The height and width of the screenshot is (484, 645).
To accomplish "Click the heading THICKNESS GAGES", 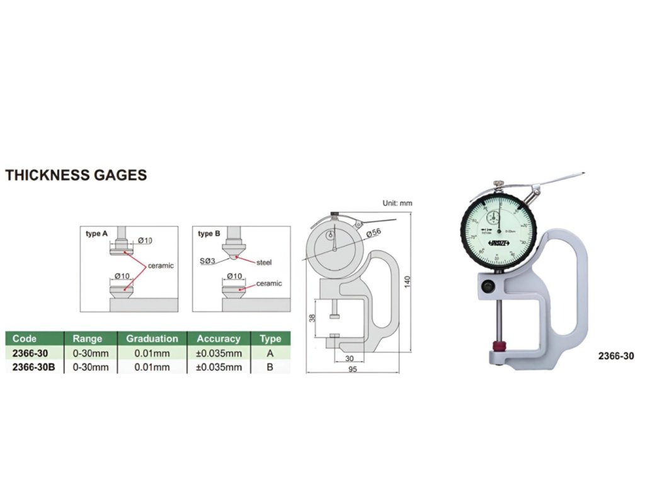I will (x=76, y=175).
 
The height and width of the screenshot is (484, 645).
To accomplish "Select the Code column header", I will (x=25, y=338).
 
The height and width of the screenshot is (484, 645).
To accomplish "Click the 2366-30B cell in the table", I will (x=34, y=367).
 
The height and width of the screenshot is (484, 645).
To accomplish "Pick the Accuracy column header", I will (x=219, y=338).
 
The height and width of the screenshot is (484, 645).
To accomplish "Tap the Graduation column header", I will (x=152, y=338).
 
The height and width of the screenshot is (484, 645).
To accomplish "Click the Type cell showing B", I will (x=270, y=367).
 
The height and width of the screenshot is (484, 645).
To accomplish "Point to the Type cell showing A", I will (x=270, y=353).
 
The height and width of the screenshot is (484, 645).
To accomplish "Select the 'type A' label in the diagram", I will (x=96, y=233).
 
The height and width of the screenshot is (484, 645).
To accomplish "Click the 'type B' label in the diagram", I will (x=209, y=233).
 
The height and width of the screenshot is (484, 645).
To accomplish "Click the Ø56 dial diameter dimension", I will (x=374, y=232).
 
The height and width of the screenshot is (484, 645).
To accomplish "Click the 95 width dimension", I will (x=352, y=370).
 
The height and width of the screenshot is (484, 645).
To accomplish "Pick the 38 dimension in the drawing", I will (x=312, y=318).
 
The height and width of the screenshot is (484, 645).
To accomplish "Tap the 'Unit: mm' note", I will (x=397, y=204).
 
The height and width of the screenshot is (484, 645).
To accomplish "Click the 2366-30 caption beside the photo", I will (x=615, y=356).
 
